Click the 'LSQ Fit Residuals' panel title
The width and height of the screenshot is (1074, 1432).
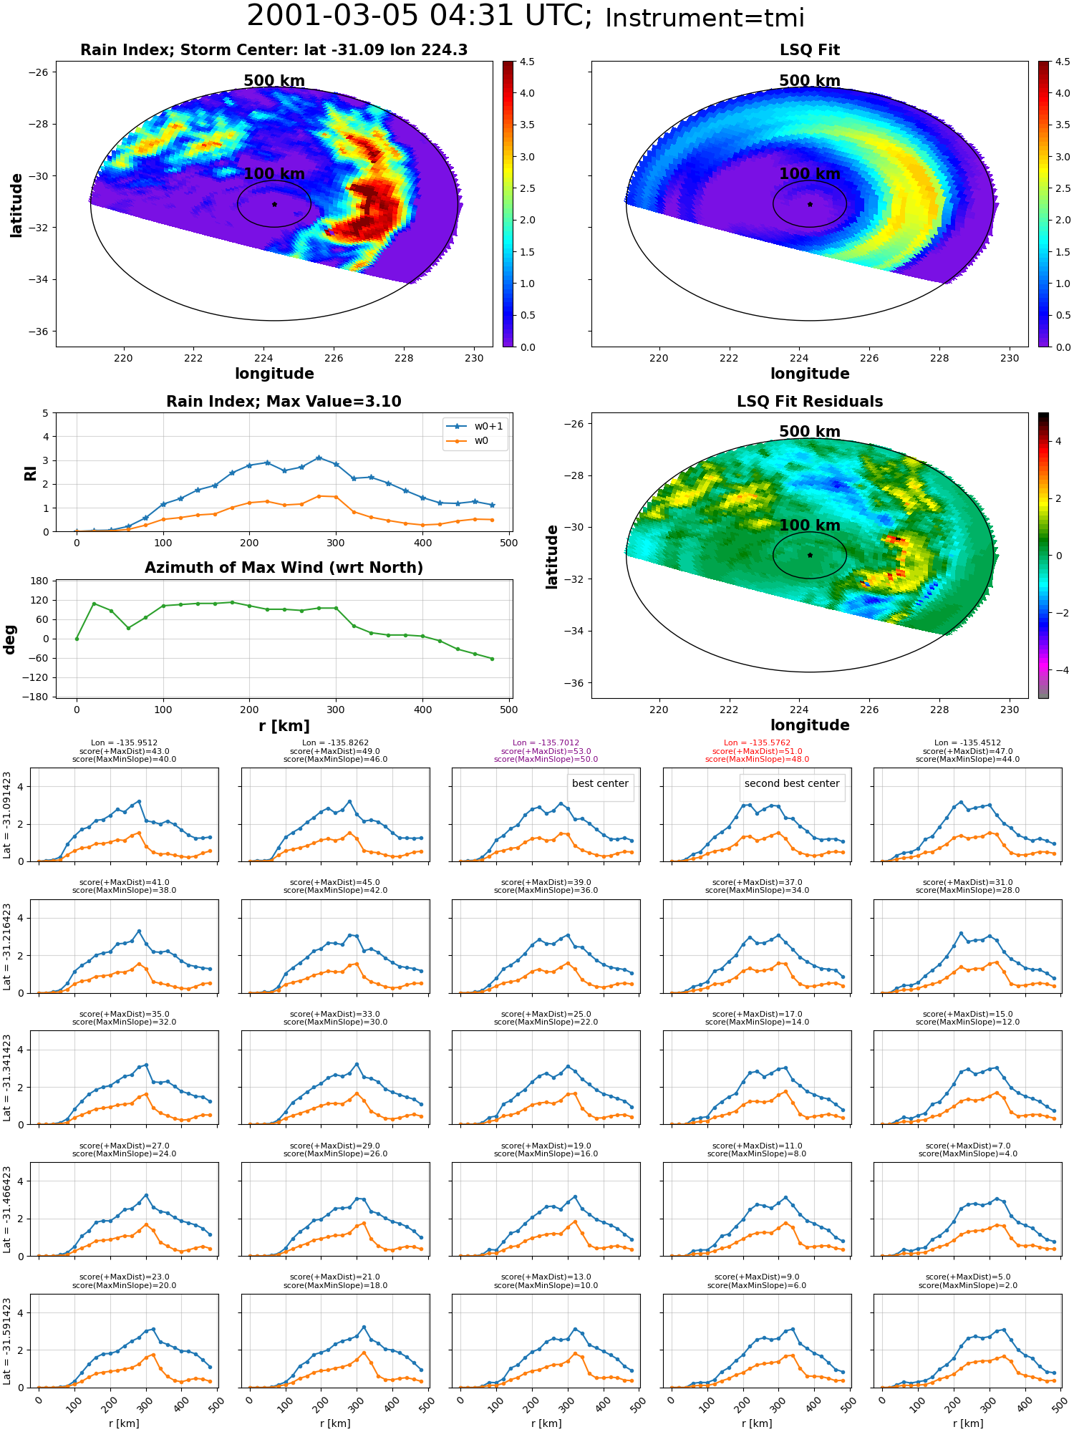click(810, 402)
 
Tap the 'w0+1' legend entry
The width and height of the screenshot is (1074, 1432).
click(475, 426)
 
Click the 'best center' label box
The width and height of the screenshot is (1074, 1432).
click(600, 783)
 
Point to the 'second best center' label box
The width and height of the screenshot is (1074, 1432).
click(792, 783)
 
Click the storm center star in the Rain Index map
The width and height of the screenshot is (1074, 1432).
click(274, 204)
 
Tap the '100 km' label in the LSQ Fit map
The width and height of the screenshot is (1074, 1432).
click(810, 174)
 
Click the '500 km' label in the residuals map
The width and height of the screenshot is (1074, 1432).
click(810, 432)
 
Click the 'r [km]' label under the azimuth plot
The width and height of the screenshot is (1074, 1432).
click(284, 726)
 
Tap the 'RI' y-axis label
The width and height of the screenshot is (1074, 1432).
click(30, 473)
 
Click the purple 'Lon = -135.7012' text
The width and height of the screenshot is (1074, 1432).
click(546, 743)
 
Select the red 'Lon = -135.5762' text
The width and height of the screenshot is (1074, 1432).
click(757, 743)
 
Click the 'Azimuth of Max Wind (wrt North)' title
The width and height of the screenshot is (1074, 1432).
click(284, 568)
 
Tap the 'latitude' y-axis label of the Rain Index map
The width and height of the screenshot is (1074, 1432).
click(16, 205)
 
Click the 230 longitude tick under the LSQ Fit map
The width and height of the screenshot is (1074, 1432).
click(1010, 358)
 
